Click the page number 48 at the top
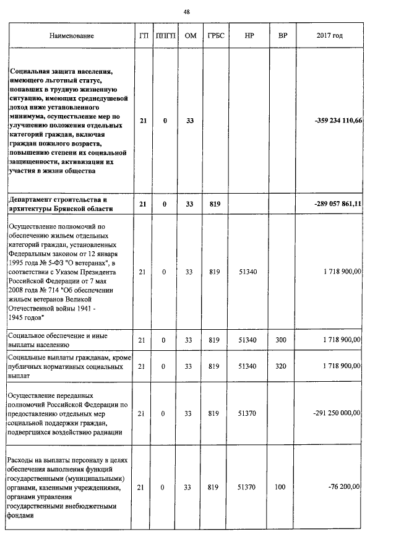click(186, 12)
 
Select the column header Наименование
click(69, 36)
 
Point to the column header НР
click(249, 36)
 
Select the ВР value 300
click(281, 340)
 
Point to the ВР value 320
click(281, 366)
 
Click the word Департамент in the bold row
click(33, 199)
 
